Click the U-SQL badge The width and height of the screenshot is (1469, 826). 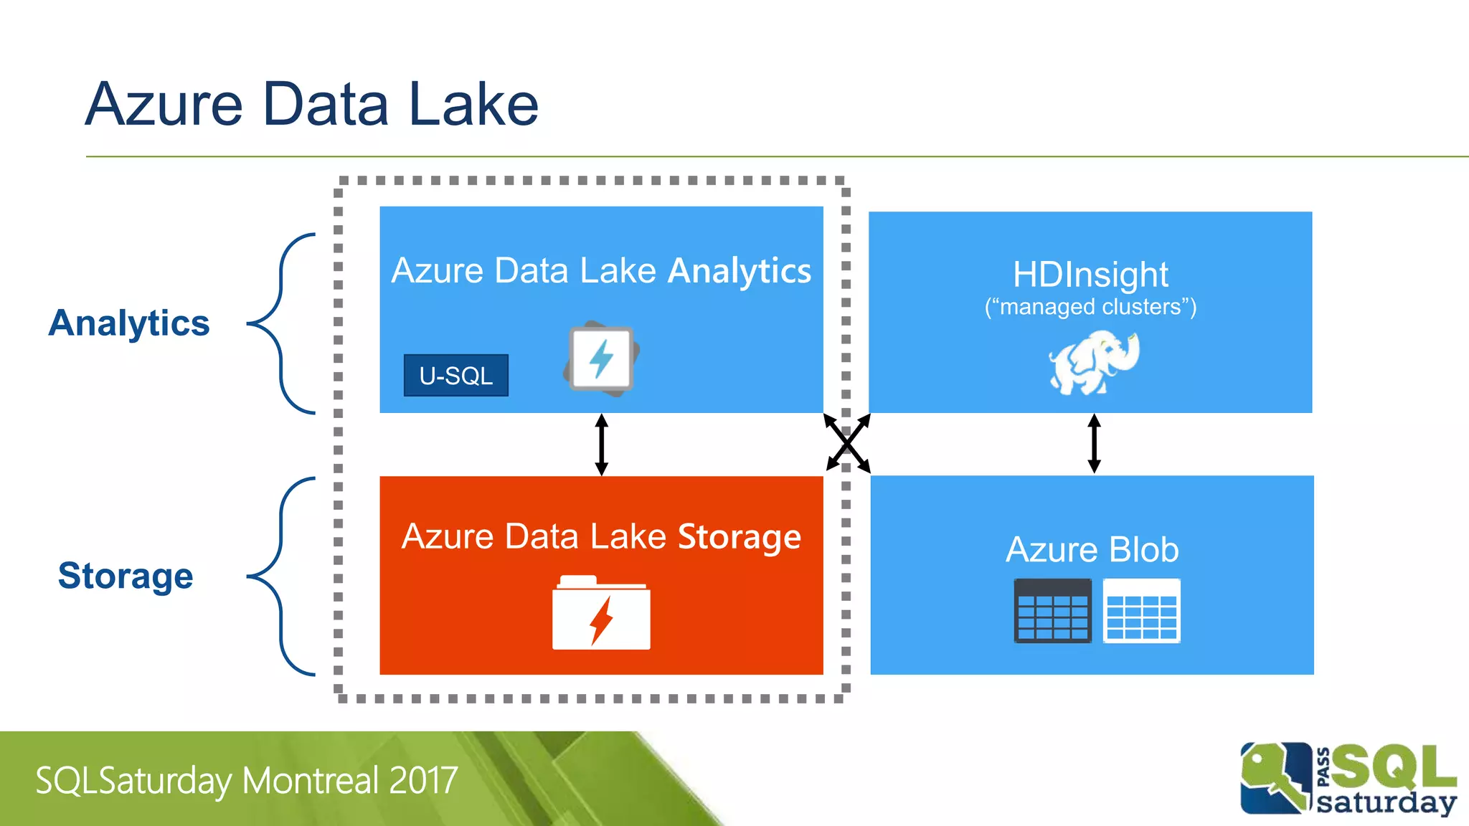pyautogui.click(x=456, y=375)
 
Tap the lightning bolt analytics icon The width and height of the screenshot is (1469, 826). pyautogui.click(x=601, y=358)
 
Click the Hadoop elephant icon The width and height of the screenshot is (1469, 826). pyautogui.click(x=1093, y=362)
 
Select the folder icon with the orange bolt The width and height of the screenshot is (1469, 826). pyautogui.click(x=601, y=614)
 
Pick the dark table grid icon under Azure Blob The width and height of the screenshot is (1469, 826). pyautogui.click(x=1052, y=611)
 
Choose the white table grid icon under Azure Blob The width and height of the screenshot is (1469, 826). pyautogui.click(x=1141, y=611)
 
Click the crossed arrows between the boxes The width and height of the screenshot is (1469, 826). pyautogui.click(x=847, y=443)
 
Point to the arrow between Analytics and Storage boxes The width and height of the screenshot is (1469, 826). pyautogui.click(x=602, y=445)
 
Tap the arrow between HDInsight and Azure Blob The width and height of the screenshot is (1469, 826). pyautogui.click(x=1094, y=443)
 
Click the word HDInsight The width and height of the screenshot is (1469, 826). pyautogui.click(x=1090, y=275)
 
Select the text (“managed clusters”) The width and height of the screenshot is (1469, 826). pyautogui.click(x=1090, y=307)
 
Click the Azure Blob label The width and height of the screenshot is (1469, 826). pyautogui.click(x=1092, y=550)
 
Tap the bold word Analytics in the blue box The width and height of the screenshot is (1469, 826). pyautogui.click(x=739, y=271)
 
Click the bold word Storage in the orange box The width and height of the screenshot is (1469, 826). pyautogui.click(x=739, y=537)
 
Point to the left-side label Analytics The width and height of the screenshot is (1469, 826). pyautogui.click(x=129, y=323)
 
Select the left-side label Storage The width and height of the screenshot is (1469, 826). pyautogui.click(x=126, y=576)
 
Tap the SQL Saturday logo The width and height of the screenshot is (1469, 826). pyautogui.click(x=1348, y=779)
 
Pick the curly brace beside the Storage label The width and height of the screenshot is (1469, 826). pyautogui.click(x=281, y=576)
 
